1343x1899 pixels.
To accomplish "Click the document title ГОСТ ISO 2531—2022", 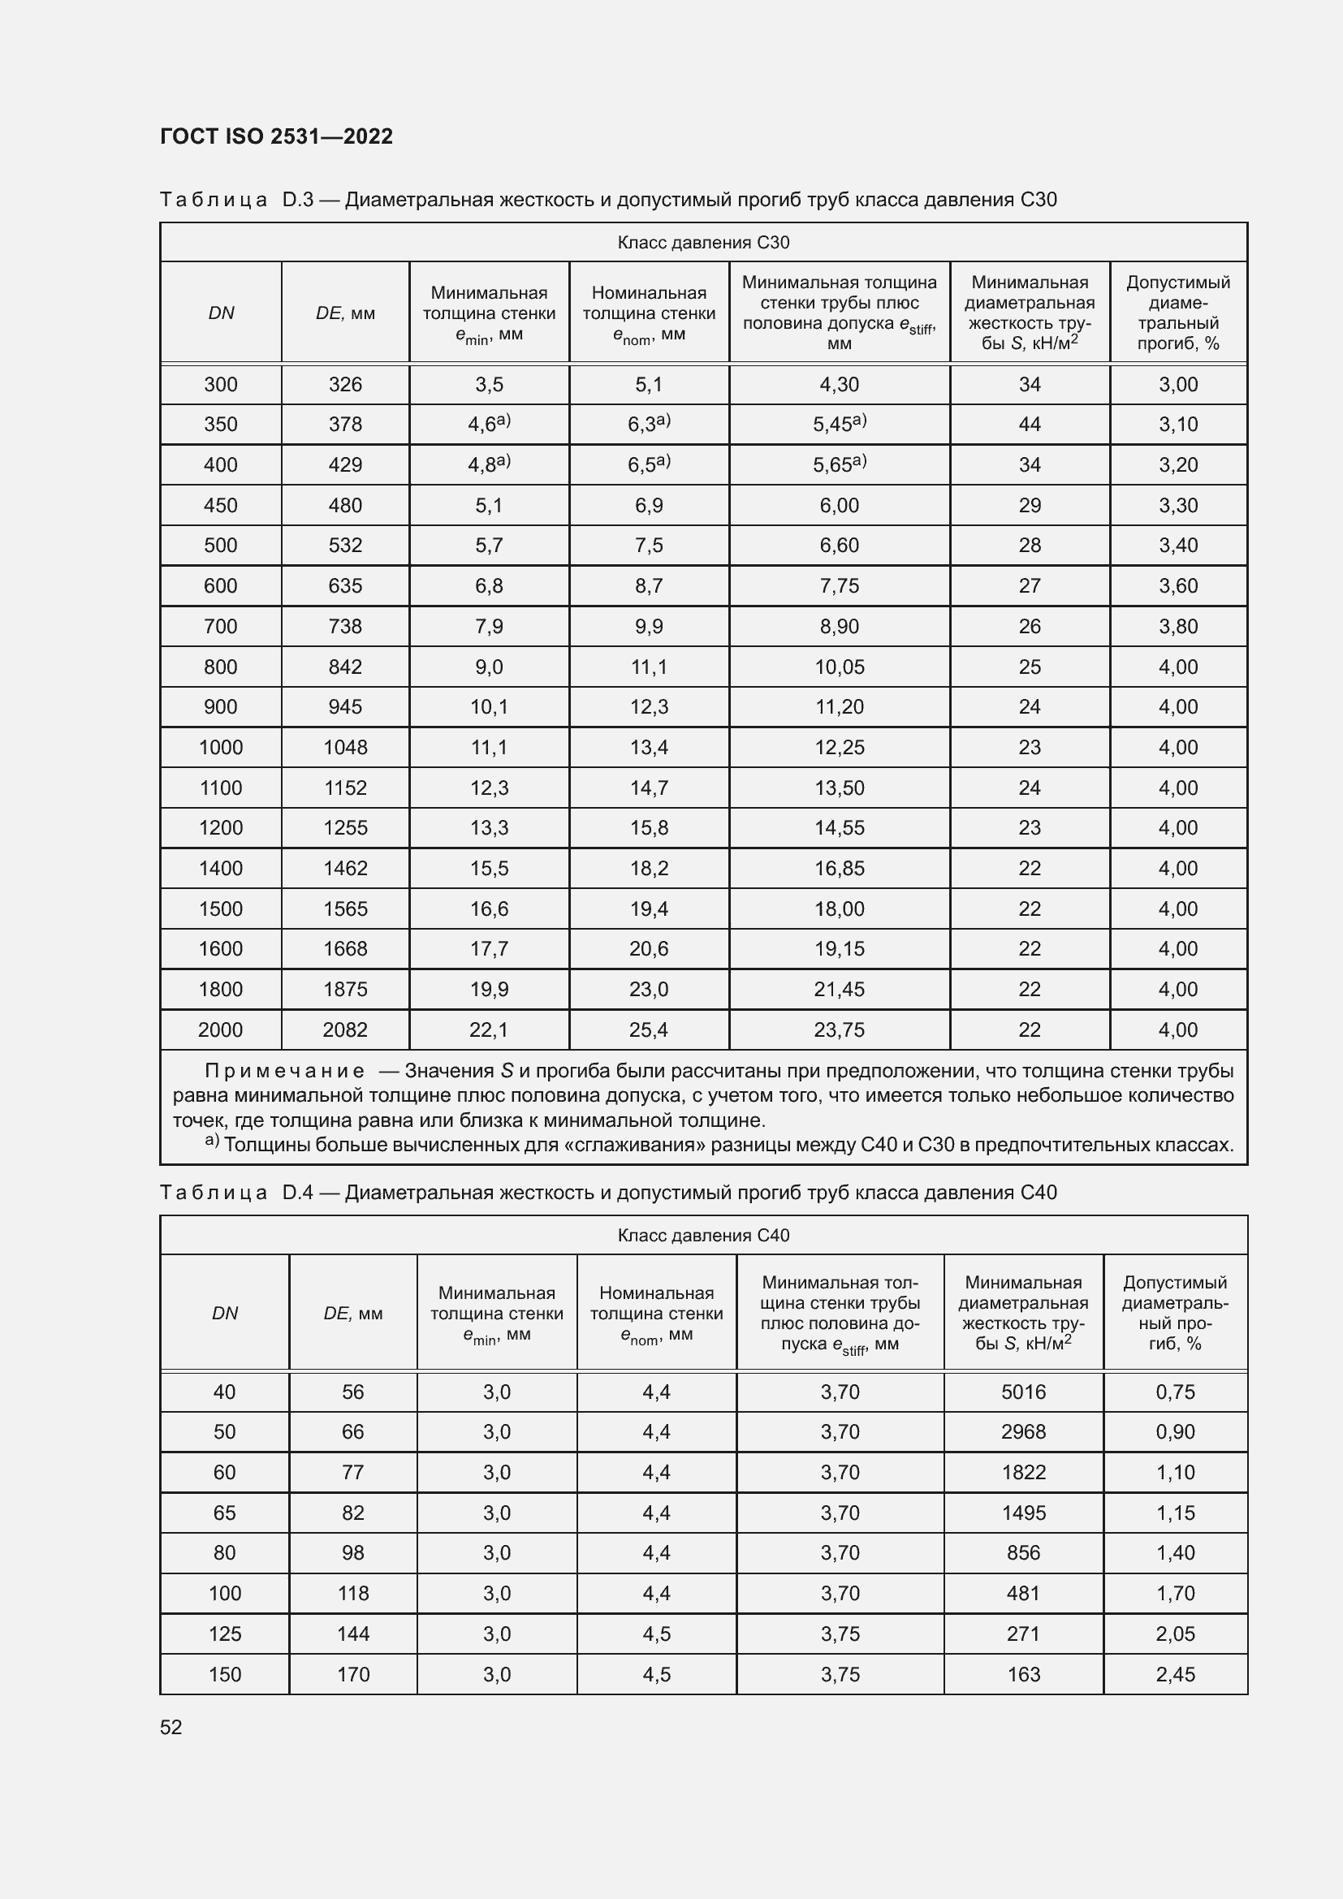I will [x=276, y=136].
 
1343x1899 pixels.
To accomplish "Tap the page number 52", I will [x=171, y=1727].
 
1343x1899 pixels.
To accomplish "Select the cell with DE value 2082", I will [x=345, y=1029].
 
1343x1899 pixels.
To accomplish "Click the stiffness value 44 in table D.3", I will [x=1030, y=425].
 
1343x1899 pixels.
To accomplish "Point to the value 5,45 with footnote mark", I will [x=839, y=425].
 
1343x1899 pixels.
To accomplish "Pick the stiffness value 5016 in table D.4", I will [x=1023, y=1392].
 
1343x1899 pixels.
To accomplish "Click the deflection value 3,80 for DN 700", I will [x=1177, y=626].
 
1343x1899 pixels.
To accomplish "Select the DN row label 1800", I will [x=221, y=989].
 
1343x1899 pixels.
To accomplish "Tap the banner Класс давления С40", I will [x=703, y=1235].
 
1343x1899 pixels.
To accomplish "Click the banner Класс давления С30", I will [x=703, y=242].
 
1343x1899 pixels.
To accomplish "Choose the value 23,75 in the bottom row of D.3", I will [x=840, y=1029].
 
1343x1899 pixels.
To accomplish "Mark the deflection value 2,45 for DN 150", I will [x=1175, y=1674].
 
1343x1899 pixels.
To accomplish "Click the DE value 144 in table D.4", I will [x=353, y=1634].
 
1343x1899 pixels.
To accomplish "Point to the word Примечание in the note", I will [x=284, y=1071].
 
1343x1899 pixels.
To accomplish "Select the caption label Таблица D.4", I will [x=235, y=1193].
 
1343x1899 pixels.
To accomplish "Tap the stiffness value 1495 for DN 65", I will [x=1023, y=1513].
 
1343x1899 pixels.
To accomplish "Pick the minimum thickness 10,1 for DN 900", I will [x=489, y=707].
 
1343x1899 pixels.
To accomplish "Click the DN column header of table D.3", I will [x=221, y=313].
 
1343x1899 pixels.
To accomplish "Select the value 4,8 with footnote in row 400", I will [x=488, y=465].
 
